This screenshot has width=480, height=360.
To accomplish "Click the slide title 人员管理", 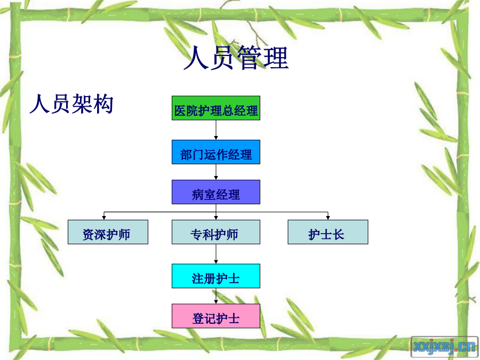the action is [x=236, y=57].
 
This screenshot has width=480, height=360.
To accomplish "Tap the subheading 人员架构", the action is [x=71, y=104].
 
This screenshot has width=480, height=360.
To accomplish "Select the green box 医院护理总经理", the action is [x=216, y=108].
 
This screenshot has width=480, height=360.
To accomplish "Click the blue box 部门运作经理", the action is [x=216, y=152].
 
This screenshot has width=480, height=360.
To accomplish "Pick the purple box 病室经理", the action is [x=216, y=192].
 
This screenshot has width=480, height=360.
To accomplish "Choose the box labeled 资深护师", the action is [x=108, y=232].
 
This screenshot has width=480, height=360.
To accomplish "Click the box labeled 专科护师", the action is [x=216, y=232].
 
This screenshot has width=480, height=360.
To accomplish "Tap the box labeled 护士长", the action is [x=328, y=232].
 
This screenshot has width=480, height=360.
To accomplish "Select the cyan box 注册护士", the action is [x=216, y=276].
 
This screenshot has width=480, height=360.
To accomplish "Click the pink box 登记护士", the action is [x=216, y=316].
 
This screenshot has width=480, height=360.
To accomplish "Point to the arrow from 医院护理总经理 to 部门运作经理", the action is [x=216, y=130].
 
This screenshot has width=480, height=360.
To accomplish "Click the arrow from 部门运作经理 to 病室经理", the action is [x=216, y=172].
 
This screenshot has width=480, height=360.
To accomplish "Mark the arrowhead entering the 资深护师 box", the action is [x=104, y=218].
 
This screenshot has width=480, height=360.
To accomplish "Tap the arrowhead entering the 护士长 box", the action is [x=328, y=218].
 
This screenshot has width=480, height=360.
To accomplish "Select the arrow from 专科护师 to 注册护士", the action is [x=216, y=254].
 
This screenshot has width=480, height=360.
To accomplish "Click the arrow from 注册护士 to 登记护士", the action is [x=216, y=296].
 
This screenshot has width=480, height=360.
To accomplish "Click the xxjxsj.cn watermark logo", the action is [x=444, y=347].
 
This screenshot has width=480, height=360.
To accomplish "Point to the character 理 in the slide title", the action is [x=276, y=57].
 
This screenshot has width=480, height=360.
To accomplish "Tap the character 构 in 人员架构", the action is [x=103, y=104].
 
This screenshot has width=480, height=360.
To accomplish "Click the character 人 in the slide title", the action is [x=196, y=57].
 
